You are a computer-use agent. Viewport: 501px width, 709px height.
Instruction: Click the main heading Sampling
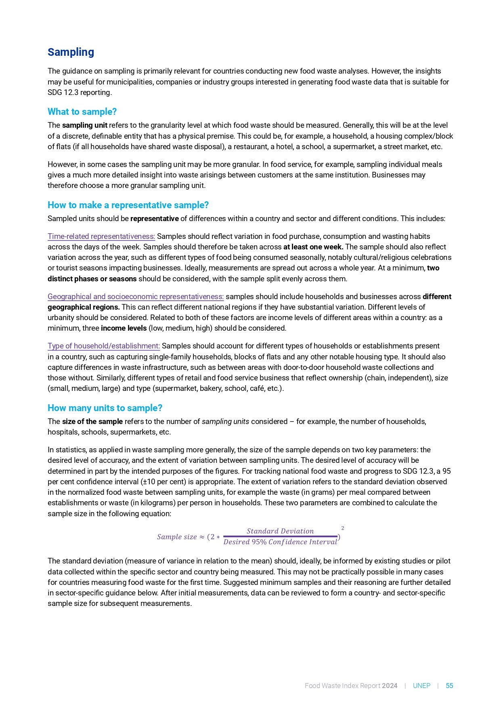point(71,52)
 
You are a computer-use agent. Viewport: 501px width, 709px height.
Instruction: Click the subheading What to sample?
point(82,112)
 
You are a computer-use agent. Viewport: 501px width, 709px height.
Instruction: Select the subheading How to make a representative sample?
point(128,205)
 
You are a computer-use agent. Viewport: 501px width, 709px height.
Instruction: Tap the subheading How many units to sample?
point(105,408)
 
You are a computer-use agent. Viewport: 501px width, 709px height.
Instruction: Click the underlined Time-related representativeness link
point(101,236)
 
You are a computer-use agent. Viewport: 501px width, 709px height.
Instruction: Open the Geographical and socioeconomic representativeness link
point(136,297)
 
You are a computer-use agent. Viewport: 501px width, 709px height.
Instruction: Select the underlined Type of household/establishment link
point(104,346)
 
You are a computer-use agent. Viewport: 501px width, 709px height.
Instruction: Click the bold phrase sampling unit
point(84,125)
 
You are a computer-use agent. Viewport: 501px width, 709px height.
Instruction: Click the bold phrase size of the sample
point(92,422)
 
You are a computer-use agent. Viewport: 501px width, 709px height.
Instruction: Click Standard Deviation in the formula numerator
point(280,531)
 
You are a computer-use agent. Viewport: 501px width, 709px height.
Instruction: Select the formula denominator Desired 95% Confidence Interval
point(280,542)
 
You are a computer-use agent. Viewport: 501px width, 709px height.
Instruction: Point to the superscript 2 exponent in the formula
point(343,528)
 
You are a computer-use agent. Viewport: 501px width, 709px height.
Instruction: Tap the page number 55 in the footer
point(449,686)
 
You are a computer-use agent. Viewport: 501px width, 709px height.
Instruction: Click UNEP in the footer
point(421,686)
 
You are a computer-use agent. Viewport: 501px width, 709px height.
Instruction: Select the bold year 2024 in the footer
point(390,686)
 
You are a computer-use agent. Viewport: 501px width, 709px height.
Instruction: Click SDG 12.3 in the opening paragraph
point(63,93)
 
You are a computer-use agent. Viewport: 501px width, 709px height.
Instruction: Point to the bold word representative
point(154,219)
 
